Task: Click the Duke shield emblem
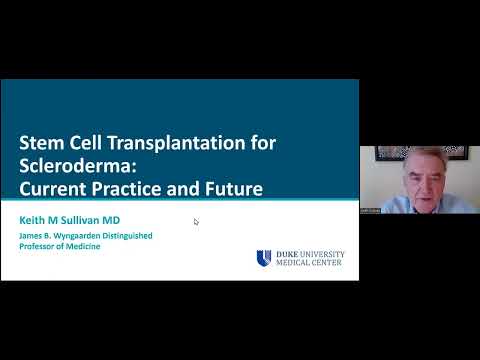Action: point(264,258)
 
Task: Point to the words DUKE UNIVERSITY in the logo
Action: point(309,254)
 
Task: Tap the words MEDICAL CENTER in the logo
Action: point(309,264)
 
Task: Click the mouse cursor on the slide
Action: point(196,221)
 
